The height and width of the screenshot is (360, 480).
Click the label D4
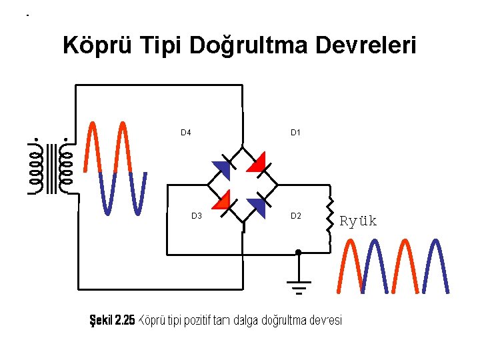[186, 133]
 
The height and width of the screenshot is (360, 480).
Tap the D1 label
[296, 133]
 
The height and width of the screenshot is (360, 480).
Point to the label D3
[197, 216]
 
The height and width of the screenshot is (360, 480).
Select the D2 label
[296, 216]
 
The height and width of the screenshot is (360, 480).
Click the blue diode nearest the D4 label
[222, 169]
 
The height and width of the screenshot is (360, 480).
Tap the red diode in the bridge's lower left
[222, 201]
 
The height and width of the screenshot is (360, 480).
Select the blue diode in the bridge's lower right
[257, 206]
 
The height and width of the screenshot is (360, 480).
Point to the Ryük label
[359, 221]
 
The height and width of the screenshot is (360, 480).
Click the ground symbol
[299, 287]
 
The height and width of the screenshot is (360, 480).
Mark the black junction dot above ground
[299, 253]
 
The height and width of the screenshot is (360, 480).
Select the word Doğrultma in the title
[250, 46]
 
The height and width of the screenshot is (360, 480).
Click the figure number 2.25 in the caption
[125, 321]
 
